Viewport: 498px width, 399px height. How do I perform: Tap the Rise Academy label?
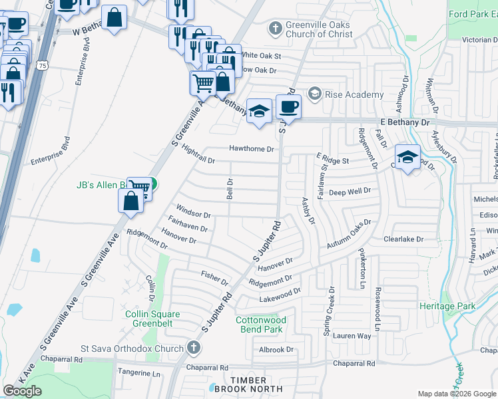(x=353, y=95)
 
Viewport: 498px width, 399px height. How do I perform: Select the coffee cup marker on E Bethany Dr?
(x=288, y=106)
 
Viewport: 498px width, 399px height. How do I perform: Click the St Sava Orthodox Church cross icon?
(x=193, y=347)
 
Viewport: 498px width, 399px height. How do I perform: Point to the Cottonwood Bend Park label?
(x=261, y=325)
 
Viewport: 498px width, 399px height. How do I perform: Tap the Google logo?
(x=23, y=391)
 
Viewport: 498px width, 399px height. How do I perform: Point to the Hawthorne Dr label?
(x=252, y=149)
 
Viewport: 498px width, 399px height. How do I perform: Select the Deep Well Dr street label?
(x=349, y=192)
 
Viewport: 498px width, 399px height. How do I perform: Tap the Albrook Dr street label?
(x=276, y=350)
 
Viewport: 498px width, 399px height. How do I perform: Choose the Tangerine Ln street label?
(x=139, y=374)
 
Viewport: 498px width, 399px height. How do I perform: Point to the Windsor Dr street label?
(x=193, y=215)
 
